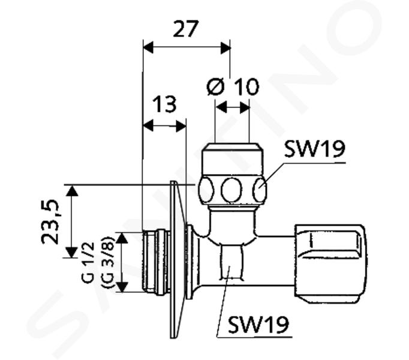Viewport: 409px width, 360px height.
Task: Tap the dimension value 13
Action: [x=164, y=104]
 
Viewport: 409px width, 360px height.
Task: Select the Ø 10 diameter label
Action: [x=233, y=86]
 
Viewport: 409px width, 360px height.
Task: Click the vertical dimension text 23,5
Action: [x=50, y=222]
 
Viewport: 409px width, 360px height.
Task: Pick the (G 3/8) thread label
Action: [x=107, y=262]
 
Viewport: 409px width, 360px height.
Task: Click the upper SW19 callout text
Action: [x=315, y=149]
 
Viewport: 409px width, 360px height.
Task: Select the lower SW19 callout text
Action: [x=258, y=325]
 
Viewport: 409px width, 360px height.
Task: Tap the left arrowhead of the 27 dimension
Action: [x=148, y=47]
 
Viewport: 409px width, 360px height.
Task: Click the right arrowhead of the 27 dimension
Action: [x=225, y=47]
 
